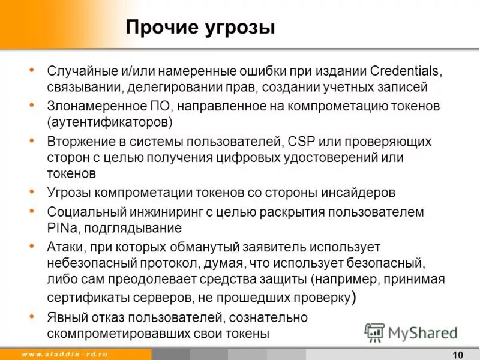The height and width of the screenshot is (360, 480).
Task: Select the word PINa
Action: coord(62,228)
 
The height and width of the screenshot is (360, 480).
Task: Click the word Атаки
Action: coord(65,247)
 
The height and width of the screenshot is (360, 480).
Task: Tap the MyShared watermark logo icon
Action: coord(375,332)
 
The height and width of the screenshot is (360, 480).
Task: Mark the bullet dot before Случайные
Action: coord(31,70)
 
